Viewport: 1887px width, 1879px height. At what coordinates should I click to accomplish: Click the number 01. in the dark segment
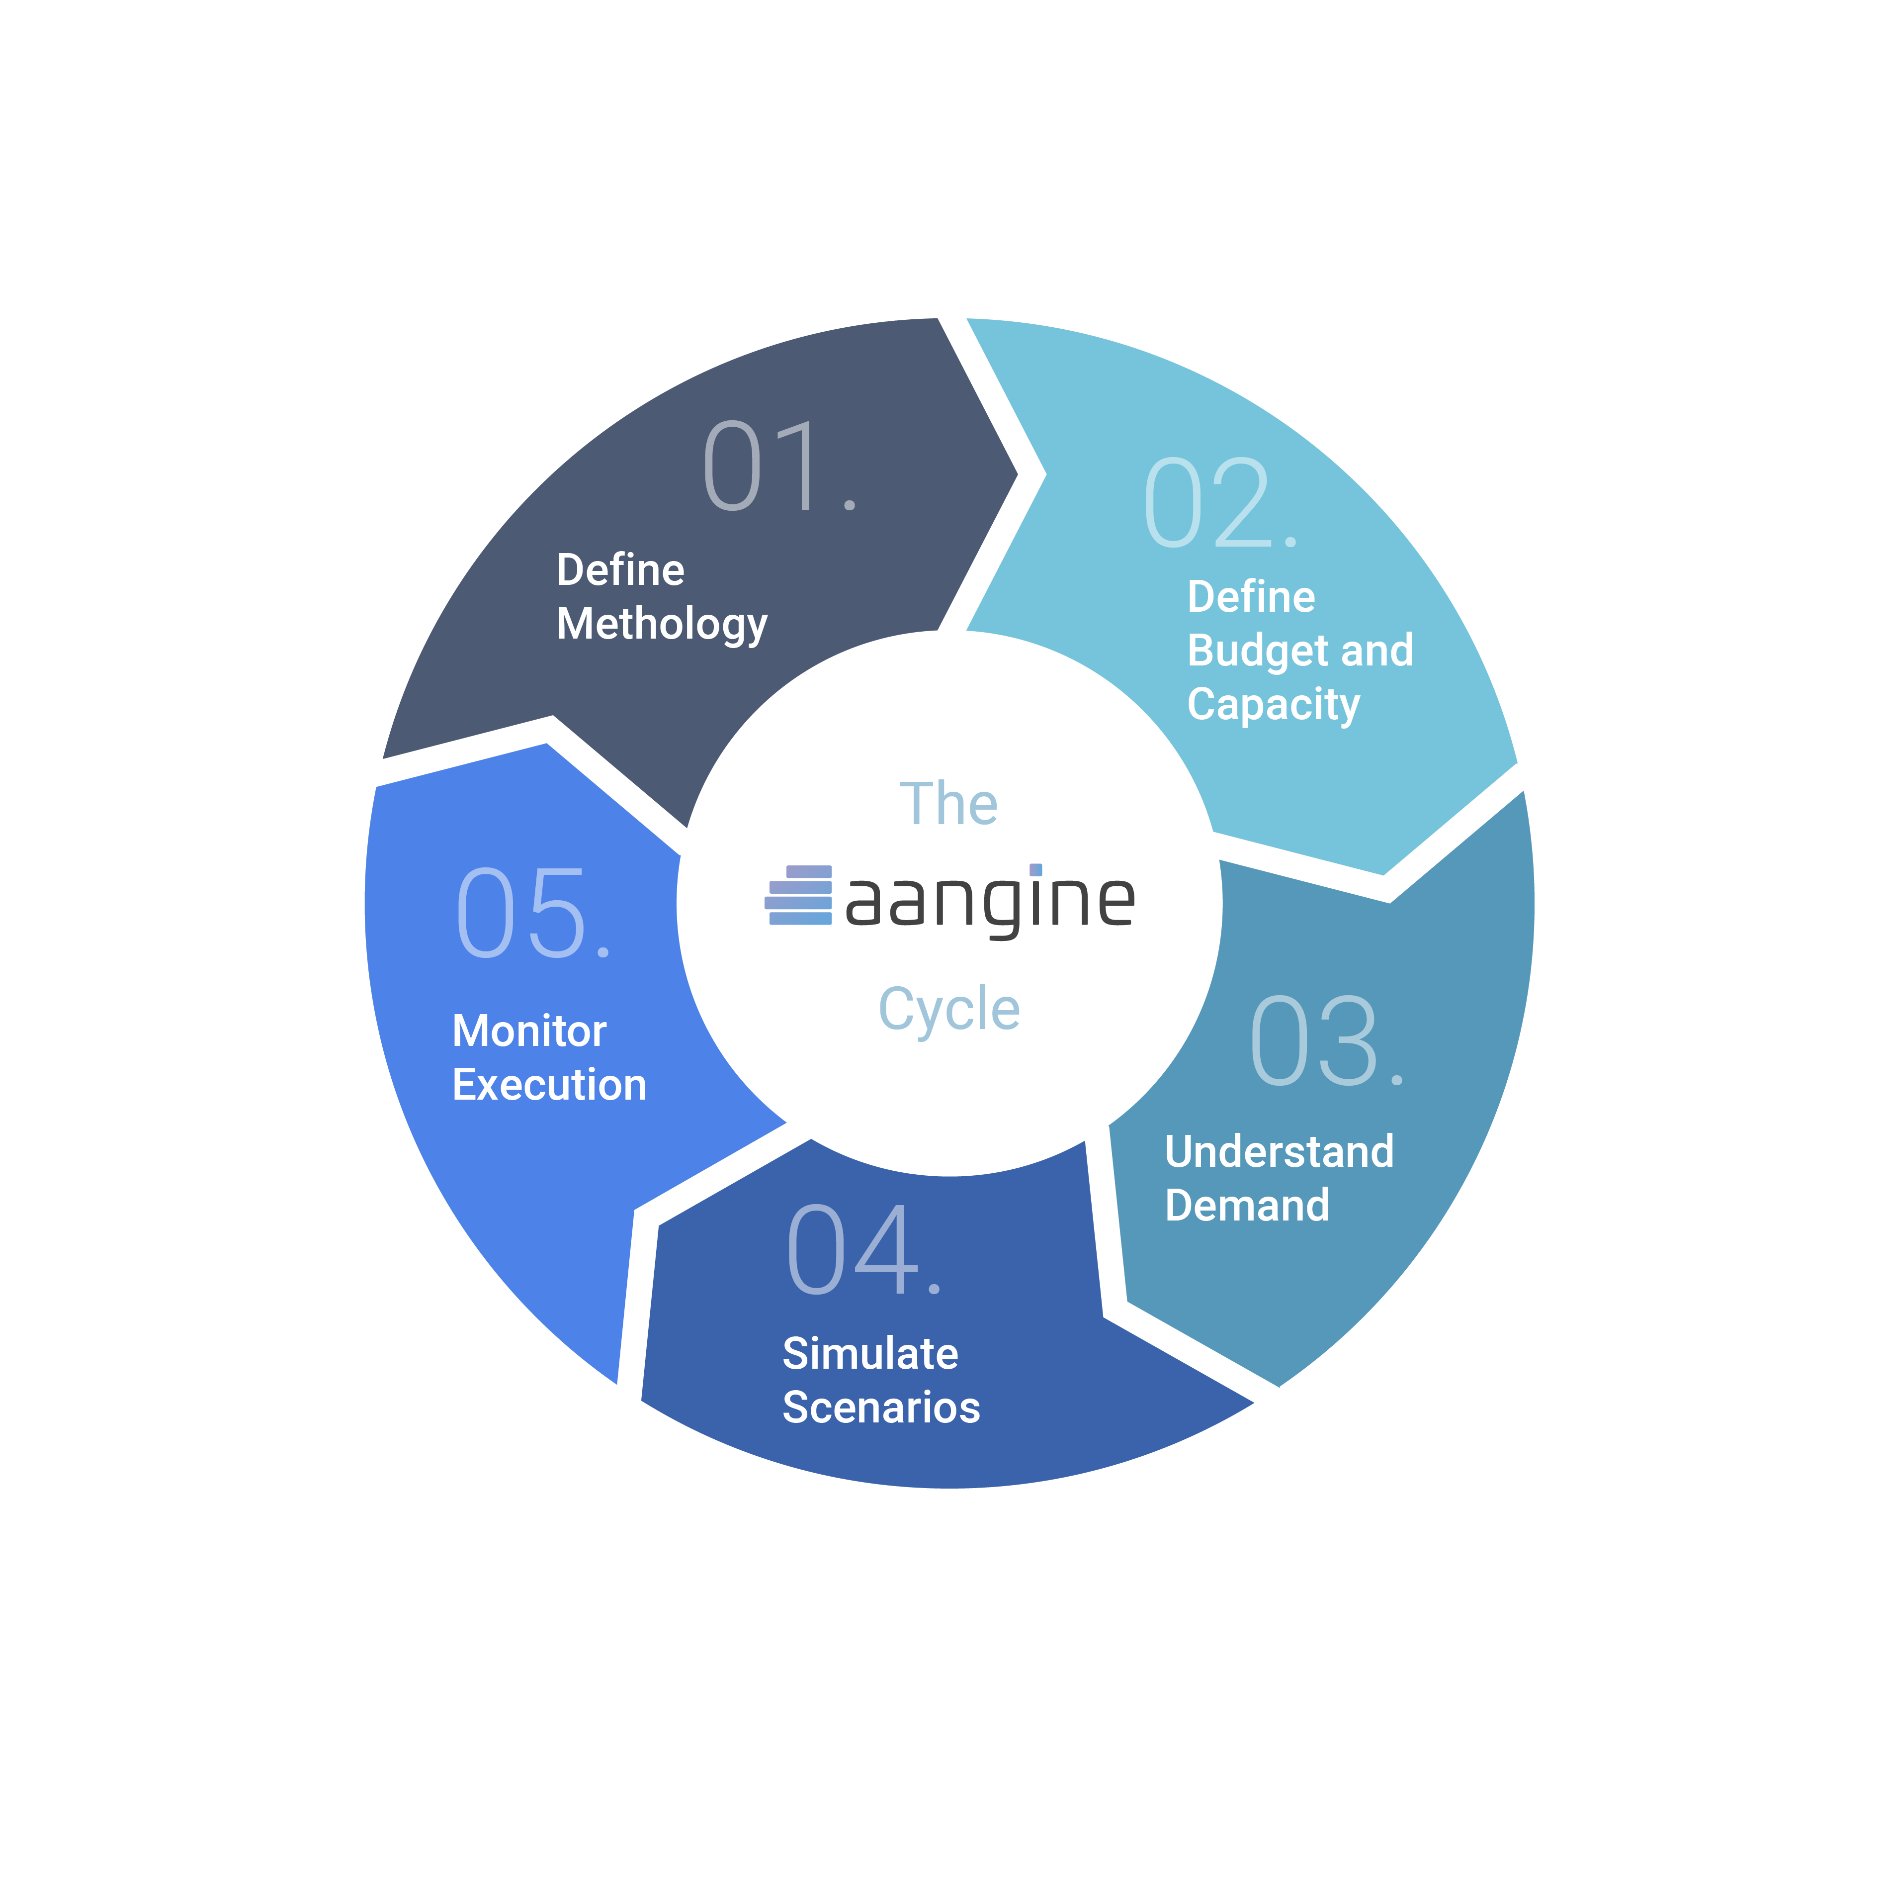[779, 466]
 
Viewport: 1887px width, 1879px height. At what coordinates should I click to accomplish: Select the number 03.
[1326, 1041]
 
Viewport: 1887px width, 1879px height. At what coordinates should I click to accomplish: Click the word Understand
[1280, 1152]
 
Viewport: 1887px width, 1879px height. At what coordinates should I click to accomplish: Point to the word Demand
[1247, 1206]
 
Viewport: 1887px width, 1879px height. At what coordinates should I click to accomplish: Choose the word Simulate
[870, 1354]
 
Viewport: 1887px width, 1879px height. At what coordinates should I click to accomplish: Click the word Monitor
[529, 1032]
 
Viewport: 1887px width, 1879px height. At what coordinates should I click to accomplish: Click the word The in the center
[948, 804]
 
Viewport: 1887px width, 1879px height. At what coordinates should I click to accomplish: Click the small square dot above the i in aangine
[1035, 870]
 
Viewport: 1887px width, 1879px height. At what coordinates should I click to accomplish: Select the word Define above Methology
[620, 570]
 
